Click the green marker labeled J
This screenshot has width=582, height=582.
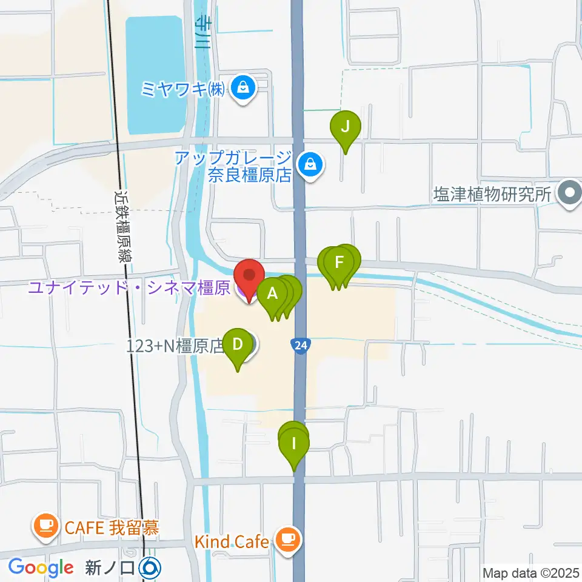click(x=345, y=128)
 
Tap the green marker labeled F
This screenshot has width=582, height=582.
click(x=339, y=264)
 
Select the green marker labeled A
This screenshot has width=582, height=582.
click(x=272, y=295)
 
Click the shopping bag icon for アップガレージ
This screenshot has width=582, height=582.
click(x=310, y=165)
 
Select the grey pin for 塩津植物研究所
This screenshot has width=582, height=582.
click(x=569, y=195)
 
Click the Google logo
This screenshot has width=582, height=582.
click(x=41, y=568)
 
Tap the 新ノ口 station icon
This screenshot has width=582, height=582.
click(x=150, y=568)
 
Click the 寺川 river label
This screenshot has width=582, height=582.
click(x=201, y=33)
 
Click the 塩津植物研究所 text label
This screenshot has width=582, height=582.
click(x=492, y=195)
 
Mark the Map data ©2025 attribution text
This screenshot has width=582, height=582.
click(x=530, y=572)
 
